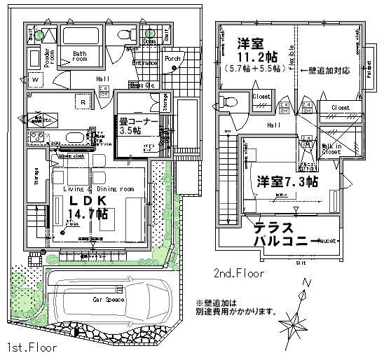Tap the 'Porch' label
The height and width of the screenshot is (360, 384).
[172, 59]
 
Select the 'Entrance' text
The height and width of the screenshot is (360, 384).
[145, 63]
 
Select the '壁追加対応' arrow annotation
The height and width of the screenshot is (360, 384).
[327, 71]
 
